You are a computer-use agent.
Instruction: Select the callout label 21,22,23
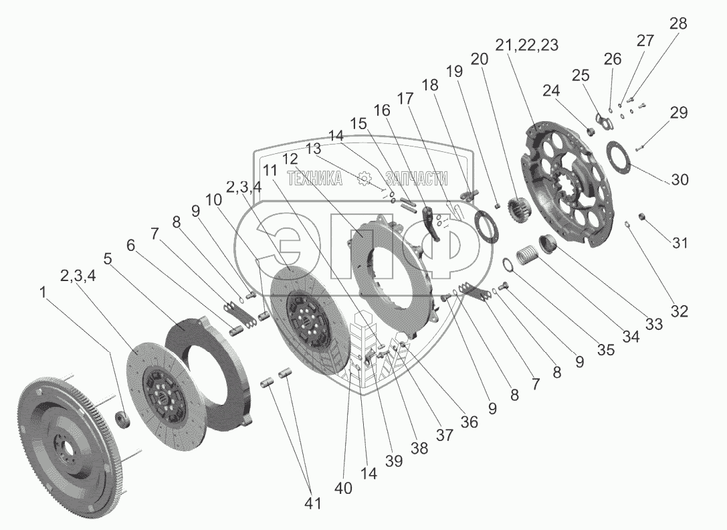tap(527, 45)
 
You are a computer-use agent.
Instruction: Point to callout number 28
tap(678, 24)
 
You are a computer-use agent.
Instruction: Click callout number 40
tap(344, 489)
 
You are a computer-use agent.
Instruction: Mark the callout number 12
tap(290, 159)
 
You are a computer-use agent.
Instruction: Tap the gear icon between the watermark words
tap(365, 177)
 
